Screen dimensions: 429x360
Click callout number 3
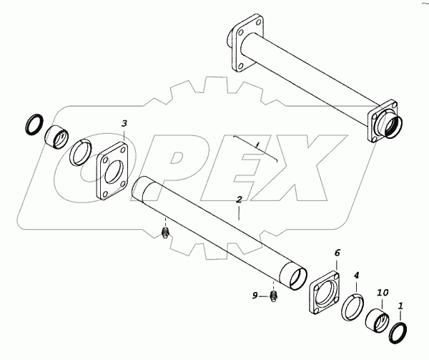124,124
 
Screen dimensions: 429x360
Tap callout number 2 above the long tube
239,200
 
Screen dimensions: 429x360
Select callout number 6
337,253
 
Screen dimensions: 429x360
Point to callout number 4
356,275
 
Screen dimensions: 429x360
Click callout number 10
383,293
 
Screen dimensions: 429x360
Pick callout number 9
255,296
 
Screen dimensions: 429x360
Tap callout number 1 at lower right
401,306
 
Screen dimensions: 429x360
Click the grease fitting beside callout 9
274,296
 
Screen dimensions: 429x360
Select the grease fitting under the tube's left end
165,233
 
